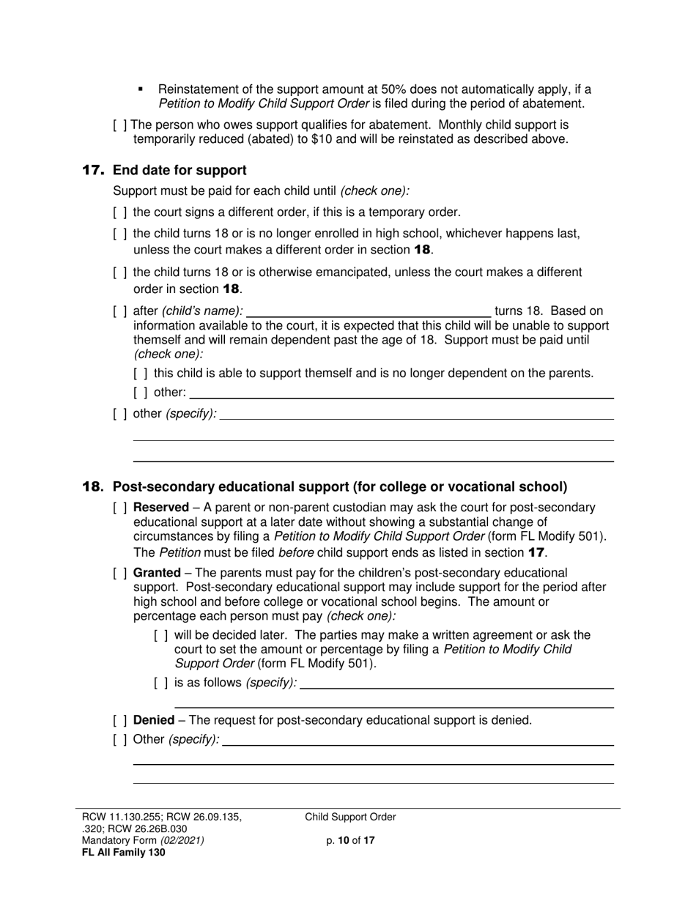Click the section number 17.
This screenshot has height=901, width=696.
(x=94, y=171)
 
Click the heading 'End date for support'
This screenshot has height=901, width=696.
(x=179, y=171)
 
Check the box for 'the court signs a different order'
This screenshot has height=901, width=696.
(x=120, y=212)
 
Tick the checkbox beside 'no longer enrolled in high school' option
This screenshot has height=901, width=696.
(x=120, y=234)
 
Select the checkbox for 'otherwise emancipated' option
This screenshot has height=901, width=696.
(x=120, y=272)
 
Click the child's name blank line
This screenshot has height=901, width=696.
(x=369, y=311)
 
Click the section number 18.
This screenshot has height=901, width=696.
(x=94, y=486)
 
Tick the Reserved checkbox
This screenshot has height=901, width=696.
(x=120, y=508)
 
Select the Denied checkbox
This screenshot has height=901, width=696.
(x=120, y=720)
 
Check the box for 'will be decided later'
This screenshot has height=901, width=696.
(x=161, y=635)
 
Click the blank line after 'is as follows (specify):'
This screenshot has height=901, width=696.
(x=456, y=683)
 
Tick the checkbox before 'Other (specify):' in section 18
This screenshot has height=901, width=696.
(x=120, y=739)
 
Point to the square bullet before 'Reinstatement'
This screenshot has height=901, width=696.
(x=141, y=89)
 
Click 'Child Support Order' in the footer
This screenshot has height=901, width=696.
(x=350, y=817)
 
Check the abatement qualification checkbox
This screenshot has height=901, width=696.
(x=120, y=125)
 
